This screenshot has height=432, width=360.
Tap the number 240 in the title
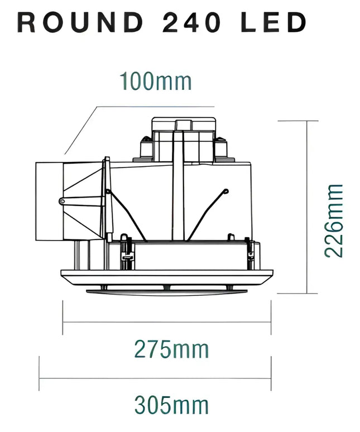click(189, 22)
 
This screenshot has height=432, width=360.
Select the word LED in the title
click(273, 22)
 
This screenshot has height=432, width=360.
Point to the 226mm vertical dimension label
click(334, 220)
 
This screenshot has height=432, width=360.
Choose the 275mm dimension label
click(171, 349)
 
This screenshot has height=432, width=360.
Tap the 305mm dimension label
click(171, 404)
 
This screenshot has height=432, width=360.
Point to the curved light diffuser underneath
click(166, 289)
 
